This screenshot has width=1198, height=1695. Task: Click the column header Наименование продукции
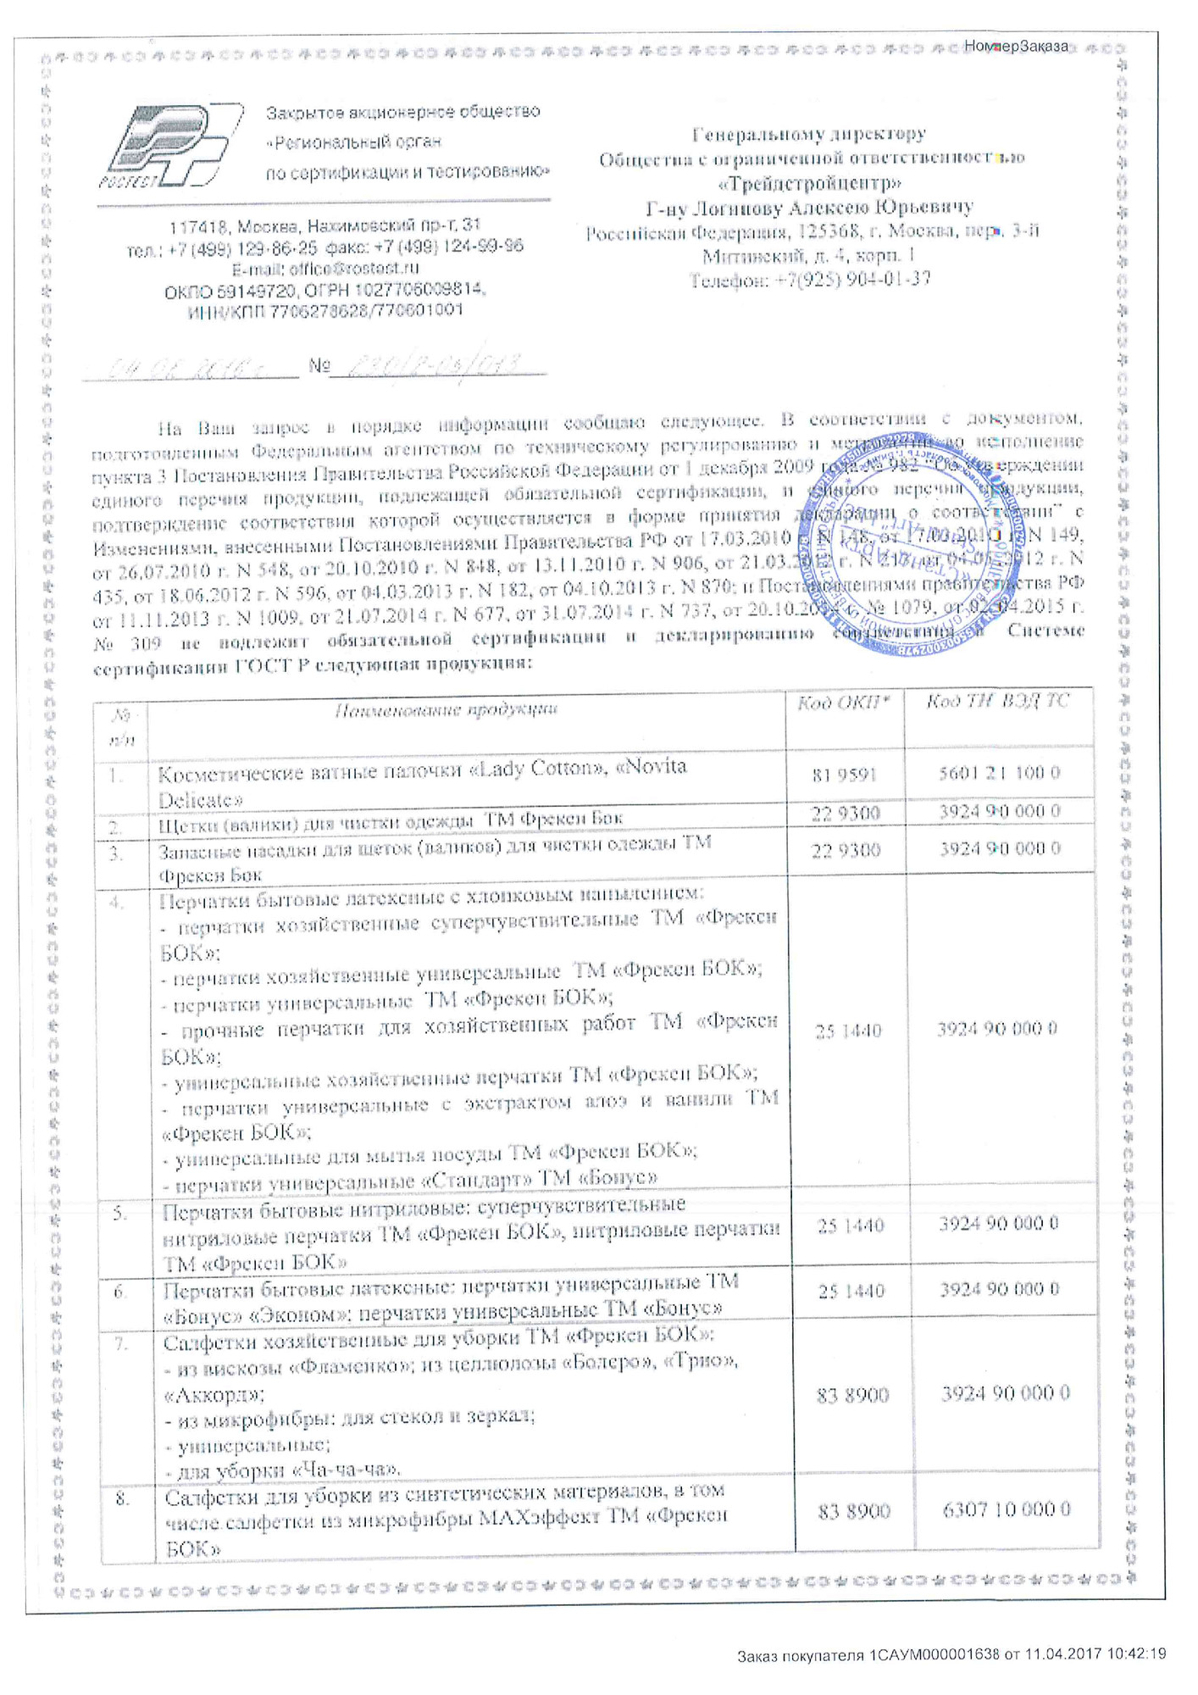pyautogui.click(x=446, y=710)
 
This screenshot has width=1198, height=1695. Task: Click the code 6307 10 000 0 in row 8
pyautogui.click(x=1006, y=1509)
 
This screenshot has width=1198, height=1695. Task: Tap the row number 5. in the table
pyautogui.click(x=120, y=1213)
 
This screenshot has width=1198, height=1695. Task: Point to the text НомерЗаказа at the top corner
pyautogui.click(x=1016, y=46)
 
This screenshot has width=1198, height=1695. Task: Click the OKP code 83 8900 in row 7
pyautogui.click(x=852, y=1395)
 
